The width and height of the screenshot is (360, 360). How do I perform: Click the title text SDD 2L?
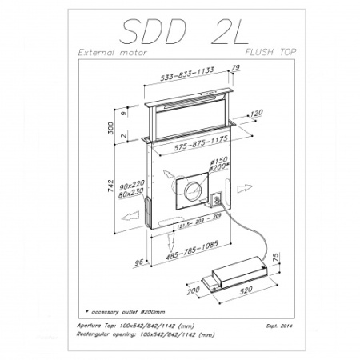coord(180,31)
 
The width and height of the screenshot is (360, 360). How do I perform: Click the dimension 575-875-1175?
coord(188,148)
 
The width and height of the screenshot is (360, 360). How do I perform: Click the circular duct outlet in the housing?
coord(192,193)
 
